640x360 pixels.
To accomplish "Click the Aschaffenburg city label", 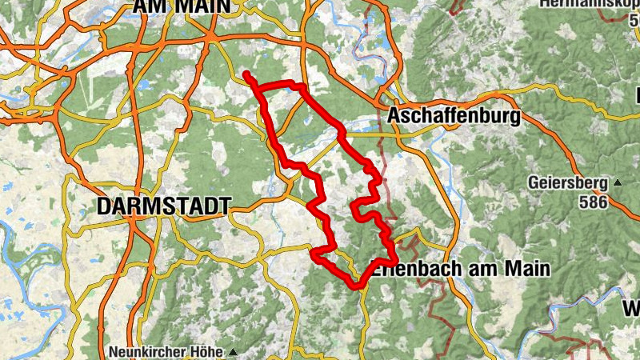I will [x=453, y=116].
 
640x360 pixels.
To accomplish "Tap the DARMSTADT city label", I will [x=163, y=206].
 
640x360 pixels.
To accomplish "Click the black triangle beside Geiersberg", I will [x=618, y=183].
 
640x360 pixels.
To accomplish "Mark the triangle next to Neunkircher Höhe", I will [x=233, y=352].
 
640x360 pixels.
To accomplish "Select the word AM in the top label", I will [x=151, y=6].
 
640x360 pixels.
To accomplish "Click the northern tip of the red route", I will [x=246, y=74].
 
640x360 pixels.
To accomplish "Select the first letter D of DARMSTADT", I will [x=104, y=206].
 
